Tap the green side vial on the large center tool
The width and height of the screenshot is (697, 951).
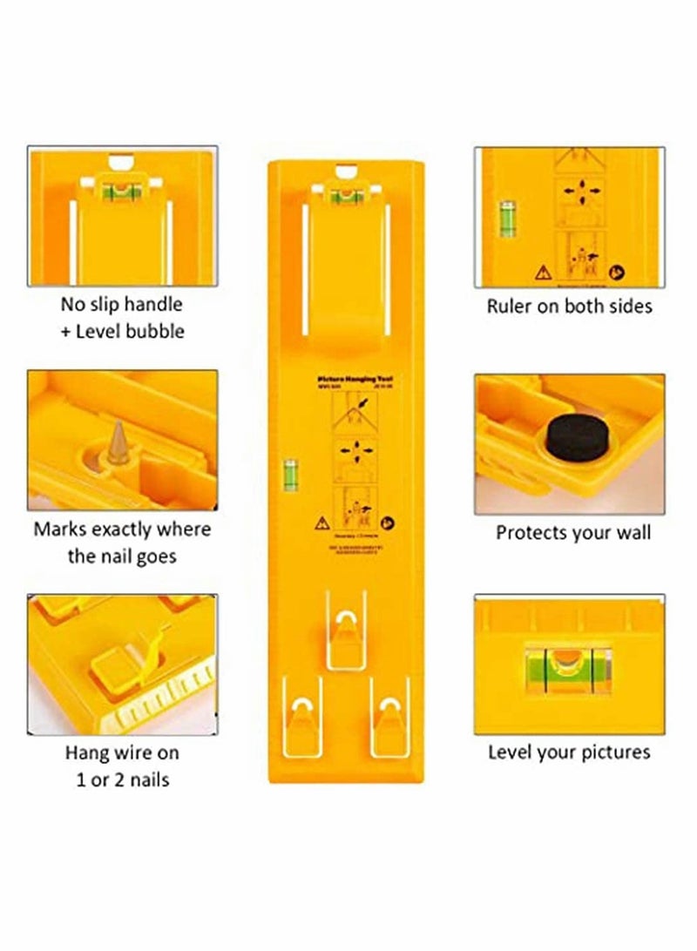[287, 474]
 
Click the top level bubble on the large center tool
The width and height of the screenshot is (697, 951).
[345, 192]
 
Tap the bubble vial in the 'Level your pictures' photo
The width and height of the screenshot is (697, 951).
[564, 668]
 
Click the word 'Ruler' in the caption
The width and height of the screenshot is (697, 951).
[510, 306]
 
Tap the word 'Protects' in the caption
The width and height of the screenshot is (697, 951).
[533, 532]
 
